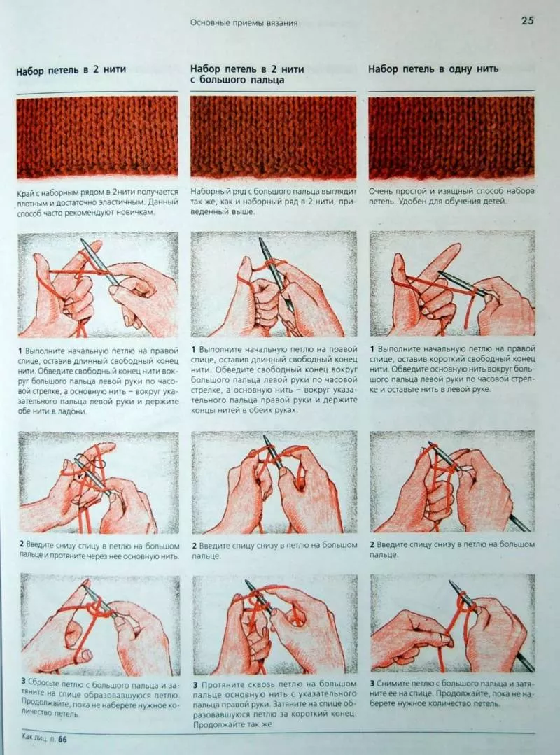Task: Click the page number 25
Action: click(527, 20)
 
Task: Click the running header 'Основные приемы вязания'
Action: click(244, 22)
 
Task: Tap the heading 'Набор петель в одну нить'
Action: click(433, 69)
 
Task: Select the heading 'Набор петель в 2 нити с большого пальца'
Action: click(247, 75)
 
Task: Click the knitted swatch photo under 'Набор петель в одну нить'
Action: click(451, 138)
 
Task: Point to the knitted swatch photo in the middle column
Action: click(273, 137)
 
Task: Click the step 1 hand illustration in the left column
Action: click(98, 285)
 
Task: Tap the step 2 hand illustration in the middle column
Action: click(274, 482)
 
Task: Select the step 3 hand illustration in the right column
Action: click(453, 623)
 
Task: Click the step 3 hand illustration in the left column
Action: click(99, 624)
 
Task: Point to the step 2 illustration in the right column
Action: click(453, 481)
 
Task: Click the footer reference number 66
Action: click(62, 740)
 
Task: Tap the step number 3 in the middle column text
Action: click(195, 685)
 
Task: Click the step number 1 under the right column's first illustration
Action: click(372, 348)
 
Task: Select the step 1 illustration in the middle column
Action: click(274, 284)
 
